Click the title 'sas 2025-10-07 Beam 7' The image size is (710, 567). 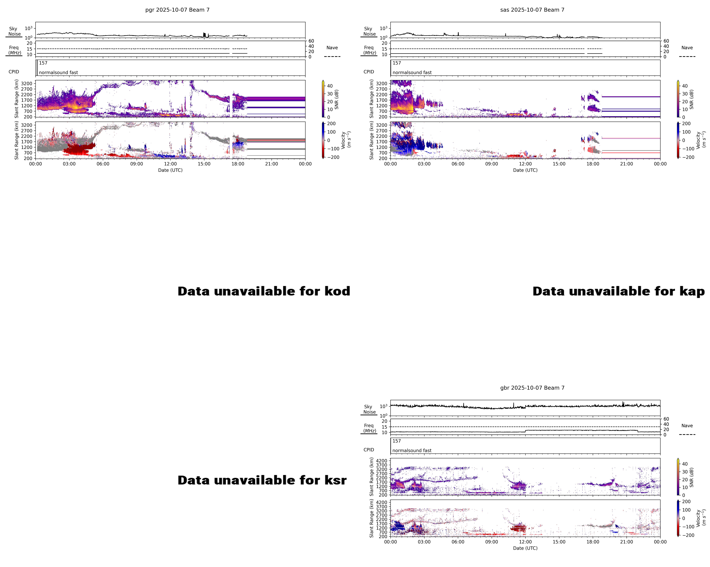[x=532, y=10]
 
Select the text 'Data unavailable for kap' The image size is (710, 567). [x=618, y=291]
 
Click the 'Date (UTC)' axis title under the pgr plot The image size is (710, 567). [x=170, y=170]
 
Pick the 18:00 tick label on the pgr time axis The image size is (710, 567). [x=238, y=164]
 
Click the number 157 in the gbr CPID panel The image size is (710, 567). [x=397, y=441]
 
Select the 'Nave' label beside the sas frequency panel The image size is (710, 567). [x=687, y=48]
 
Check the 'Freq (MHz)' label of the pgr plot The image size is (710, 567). [x=14, y=50]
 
